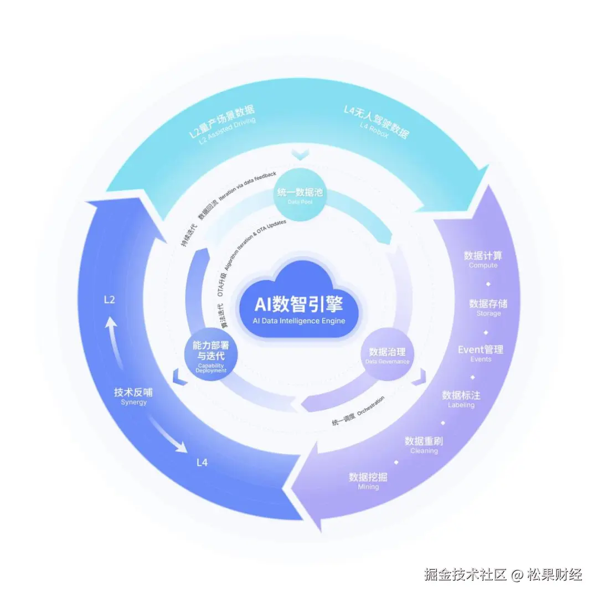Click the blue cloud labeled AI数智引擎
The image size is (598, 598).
click(x=299, y=302)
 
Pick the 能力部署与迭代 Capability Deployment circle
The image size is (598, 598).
click(x=211, y=355)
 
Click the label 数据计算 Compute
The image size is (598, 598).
click(x=483, y=259)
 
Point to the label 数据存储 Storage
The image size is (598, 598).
click(x=488, y=307)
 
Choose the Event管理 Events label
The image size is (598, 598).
click(x=481, y=353)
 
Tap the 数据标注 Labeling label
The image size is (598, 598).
click(x=461, y=399)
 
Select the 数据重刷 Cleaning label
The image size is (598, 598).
click(x=424, y=445)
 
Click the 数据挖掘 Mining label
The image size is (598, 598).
click(x=368, y=481)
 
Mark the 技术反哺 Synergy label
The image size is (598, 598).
click(x=133, y=395)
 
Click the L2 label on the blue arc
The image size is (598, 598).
click(x=110, y=300)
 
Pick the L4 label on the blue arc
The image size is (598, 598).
click(x=202, y=462)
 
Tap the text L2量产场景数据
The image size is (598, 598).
click(x=218, y=125)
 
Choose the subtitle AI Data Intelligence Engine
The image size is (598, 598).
click(x=299, y=321)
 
